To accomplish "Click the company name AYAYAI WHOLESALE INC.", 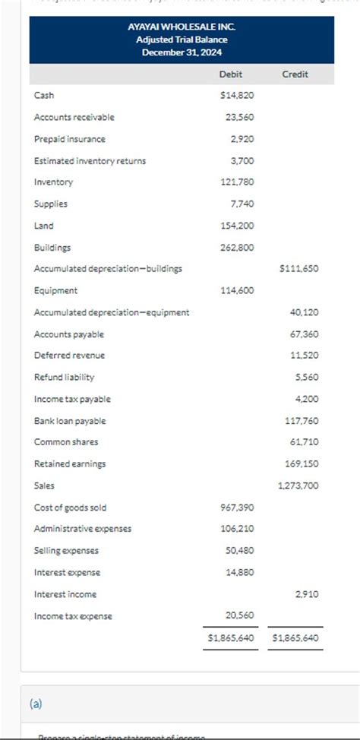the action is coord(182,27).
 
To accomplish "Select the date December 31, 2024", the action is coord(182,52).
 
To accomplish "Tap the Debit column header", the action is coord(231,74).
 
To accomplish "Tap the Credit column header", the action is coord(295,74).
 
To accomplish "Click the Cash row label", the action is coord(44,95).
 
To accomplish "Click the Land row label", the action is coord(43,226).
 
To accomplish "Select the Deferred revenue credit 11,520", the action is coord(305,356).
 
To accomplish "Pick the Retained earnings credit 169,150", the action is coord(302,464).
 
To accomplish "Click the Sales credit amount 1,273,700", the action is coord(298,485).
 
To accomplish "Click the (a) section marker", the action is coord(36,704).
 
